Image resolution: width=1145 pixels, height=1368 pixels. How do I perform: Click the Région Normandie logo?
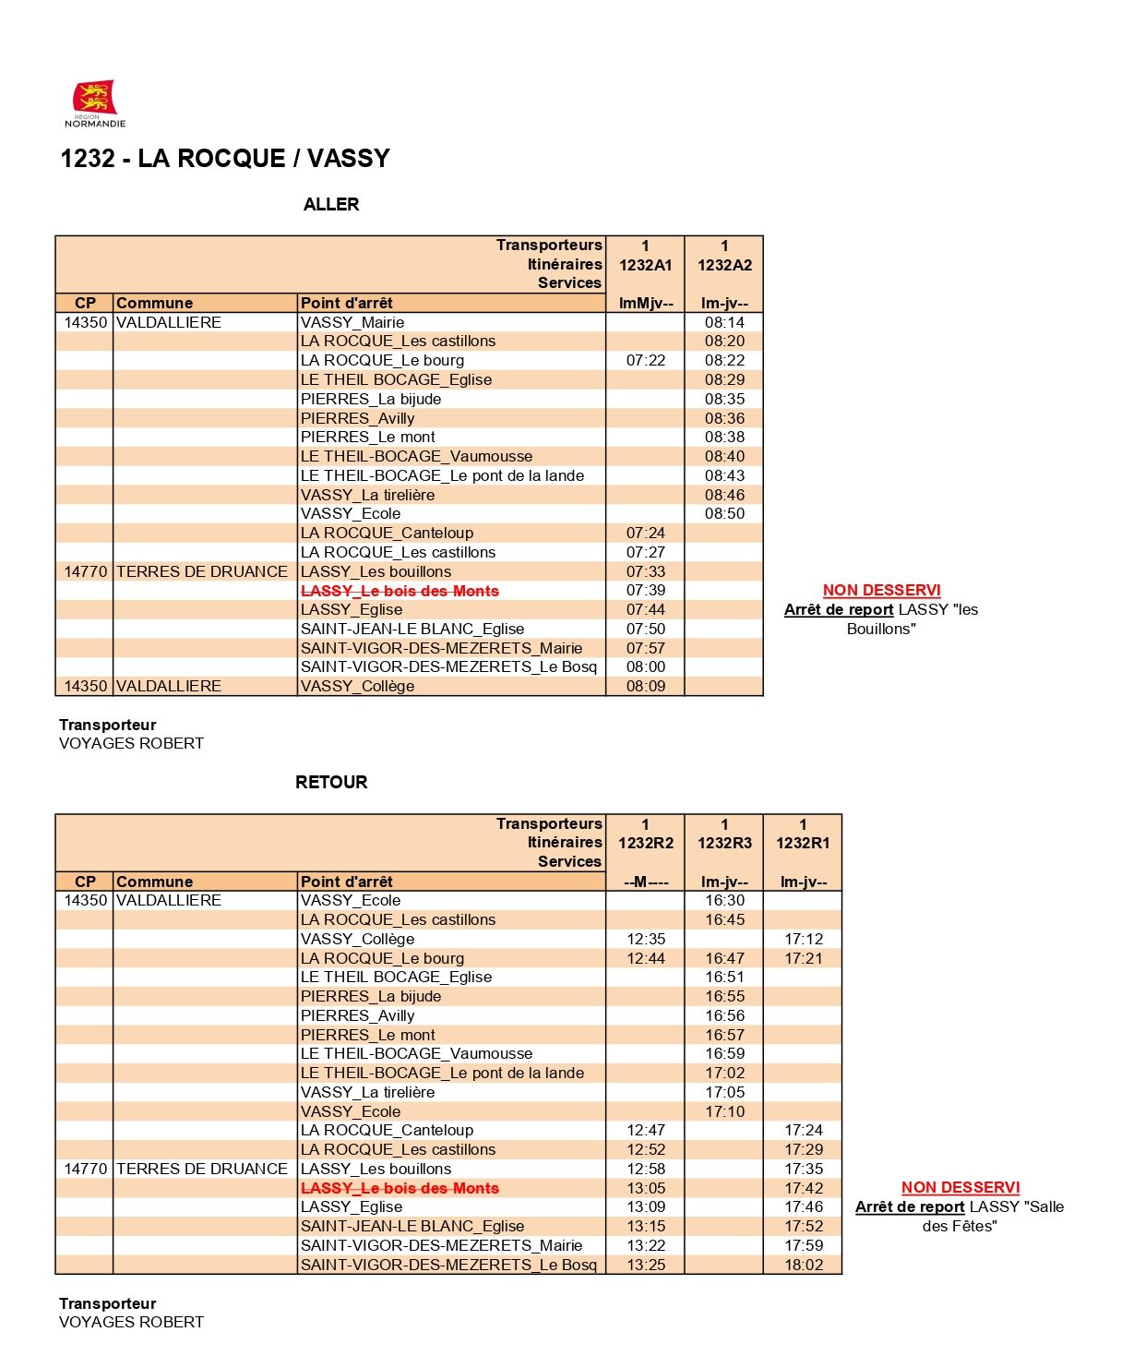(95, 102)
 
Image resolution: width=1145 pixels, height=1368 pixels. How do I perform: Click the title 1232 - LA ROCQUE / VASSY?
(225, 159)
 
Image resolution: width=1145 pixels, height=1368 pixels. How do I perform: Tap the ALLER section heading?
(331, 205)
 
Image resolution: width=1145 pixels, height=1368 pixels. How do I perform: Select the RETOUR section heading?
(331, 783)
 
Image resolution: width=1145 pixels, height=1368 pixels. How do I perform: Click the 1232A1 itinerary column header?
(645, 266)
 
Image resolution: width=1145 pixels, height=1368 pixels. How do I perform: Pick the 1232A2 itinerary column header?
(724, 266)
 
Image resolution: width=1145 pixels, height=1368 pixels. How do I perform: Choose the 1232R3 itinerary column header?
(724, 844)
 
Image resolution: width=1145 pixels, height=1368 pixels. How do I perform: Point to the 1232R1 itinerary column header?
(803, 844)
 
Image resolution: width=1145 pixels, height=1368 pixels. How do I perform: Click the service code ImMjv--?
(645, 304)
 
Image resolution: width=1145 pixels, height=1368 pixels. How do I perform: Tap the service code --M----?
(645, 882)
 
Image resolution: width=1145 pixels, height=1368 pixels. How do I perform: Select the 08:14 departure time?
(724, 323)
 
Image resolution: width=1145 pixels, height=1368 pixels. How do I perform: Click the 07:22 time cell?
(645, 361)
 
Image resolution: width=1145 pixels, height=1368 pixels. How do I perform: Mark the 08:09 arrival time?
(645, 687)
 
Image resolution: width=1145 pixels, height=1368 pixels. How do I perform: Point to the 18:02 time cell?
(803, 1266)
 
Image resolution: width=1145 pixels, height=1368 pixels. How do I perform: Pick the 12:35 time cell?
(645, 940)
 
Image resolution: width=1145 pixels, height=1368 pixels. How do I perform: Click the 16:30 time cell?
(724, 901)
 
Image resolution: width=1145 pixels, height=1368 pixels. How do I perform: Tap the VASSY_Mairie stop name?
(352, 323)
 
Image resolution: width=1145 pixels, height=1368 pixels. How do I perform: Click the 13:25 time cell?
(645, 1266)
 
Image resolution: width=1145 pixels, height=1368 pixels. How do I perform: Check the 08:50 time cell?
(724, 514)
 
